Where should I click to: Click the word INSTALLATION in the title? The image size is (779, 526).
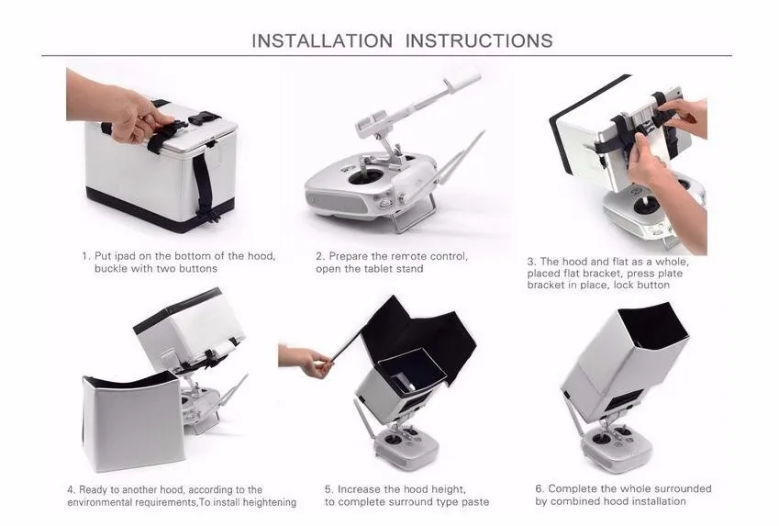click(322, 40)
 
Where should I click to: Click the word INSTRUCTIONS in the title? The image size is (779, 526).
click(479, 40)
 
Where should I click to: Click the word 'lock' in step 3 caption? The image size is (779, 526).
click(626, 285)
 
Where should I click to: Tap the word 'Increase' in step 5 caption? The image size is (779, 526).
click(359, 489)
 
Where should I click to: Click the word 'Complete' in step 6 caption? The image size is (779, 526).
click(570, 488)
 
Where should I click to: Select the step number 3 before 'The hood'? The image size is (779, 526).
click(531, 262)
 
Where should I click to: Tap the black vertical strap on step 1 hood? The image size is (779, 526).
click(205, 185)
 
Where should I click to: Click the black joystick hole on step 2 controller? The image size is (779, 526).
click(366, 177)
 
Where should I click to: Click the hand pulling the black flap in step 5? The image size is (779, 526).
click(305, 359)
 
